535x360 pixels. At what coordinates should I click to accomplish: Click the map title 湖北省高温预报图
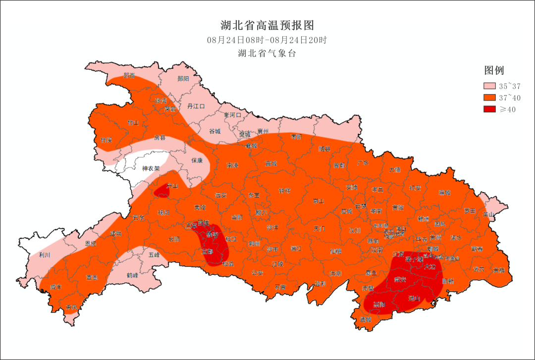[x=267, y=25]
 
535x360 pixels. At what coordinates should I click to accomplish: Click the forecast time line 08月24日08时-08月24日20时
[x=267, y=40]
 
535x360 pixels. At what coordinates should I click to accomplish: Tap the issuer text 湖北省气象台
[x=267, y=53]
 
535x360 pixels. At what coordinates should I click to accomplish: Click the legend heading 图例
[x=494, y=70]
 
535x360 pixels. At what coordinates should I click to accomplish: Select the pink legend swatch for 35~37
[x=490, y=86]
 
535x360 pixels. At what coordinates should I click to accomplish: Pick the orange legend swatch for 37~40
[x=490, y=98]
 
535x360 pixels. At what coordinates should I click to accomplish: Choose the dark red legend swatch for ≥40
[x=490, y=109]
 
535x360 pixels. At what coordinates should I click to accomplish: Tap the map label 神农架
[x=151, y=168]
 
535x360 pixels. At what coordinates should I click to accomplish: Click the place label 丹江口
[x=196, y=106]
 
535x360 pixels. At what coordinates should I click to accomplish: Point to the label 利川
[x=45, y=255]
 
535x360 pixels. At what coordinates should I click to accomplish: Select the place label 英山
[x=489, y=214]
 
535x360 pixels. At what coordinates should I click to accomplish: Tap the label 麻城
[x=445, y=192]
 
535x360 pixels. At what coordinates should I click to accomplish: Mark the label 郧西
[x=129, y=76]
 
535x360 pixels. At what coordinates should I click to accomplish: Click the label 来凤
[x=71, y=308]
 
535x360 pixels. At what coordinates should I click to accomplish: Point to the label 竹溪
[x=107, y=140]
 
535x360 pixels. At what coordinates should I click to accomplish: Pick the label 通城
[x=366, y=319]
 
